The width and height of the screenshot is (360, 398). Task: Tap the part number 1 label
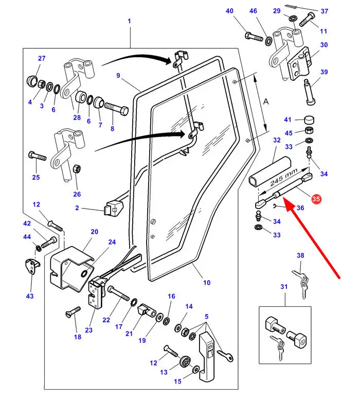coord(129,21)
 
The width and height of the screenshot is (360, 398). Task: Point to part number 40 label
coord(229,11)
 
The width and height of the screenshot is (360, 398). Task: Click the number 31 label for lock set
coord(283,287)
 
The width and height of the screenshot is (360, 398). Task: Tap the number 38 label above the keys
coord(300,255)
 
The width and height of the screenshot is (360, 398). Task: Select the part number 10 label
coord(207,283)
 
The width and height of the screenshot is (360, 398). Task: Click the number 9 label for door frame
coord(118,76)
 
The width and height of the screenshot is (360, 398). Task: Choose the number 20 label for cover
coord(94,232)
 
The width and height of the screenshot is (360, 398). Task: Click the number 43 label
coord(30,296)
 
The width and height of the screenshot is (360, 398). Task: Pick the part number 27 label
coord(42,58)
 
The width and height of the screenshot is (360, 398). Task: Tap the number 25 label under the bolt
coord(35,178)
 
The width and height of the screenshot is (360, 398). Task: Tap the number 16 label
coord(171,296)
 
